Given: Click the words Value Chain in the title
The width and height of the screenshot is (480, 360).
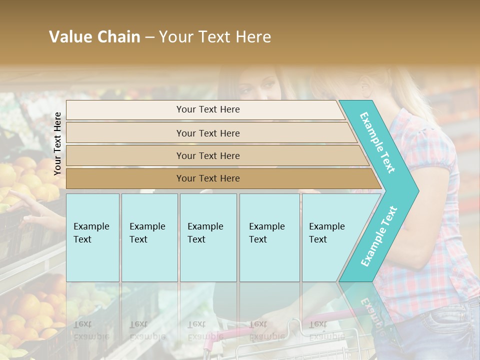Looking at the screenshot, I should point(94,37).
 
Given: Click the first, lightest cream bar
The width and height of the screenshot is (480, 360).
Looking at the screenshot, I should point(208,109).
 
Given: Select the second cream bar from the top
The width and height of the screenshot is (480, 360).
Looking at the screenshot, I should point(208,133).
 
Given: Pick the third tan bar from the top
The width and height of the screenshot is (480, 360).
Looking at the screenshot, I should point(208,155).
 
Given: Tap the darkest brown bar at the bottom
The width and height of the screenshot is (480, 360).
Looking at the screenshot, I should point(208,178).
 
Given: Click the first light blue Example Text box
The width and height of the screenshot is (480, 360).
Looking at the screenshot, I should point(92,237).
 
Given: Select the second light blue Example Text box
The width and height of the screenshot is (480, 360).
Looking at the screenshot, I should point(149,237).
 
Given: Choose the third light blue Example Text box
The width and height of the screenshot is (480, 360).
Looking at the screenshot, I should point(208,237).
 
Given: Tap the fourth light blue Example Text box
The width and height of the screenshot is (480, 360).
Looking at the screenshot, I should point(269,237).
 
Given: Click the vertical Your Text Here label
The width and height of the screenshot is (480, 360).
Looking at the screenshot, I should point(57,143).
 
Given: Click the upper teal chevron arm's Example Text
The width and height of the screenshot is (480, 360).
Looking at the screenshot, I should point(377,142).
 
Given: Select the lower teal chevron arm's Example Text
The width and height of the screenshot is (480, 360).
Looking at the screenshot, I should point(379,236).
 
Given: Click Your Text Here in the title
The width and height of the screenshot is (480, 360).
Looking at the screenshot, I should point(215,37).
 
